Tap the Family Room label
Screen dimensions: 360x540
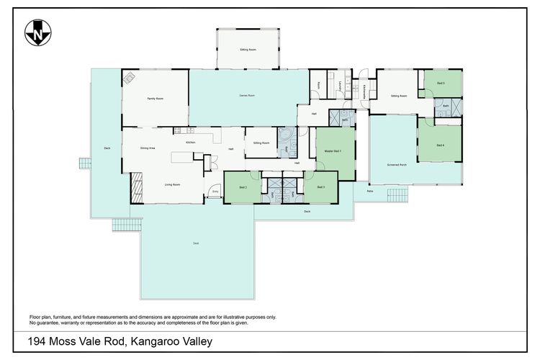pos(155,98)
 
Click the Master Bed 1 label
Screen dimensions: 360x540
pos(333,151)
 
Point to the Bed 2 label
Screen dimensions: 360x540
pos(243,187)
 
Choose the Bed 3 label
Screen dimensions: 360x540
pos(320,187)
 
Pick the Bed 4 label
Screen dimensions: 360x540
pos(440,146)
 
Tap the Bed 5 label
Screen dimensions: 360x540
pos(441,84)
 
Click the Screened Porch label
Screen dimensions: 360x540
pos(397,165)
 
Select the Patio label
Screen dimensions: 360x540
pos(369,192)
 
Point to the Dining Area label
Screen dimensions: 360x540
pos(149,148)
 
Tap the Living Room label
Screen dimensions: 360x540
pos(172,184)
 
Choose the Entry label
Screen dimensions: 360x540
pos(215,192)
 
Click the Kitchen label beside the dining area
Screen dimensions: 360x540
pos(191,143)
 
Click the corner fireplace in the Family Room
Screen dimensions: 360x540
pos(129,78)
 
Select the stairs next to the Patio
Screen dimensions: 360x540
pos(397,194)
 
